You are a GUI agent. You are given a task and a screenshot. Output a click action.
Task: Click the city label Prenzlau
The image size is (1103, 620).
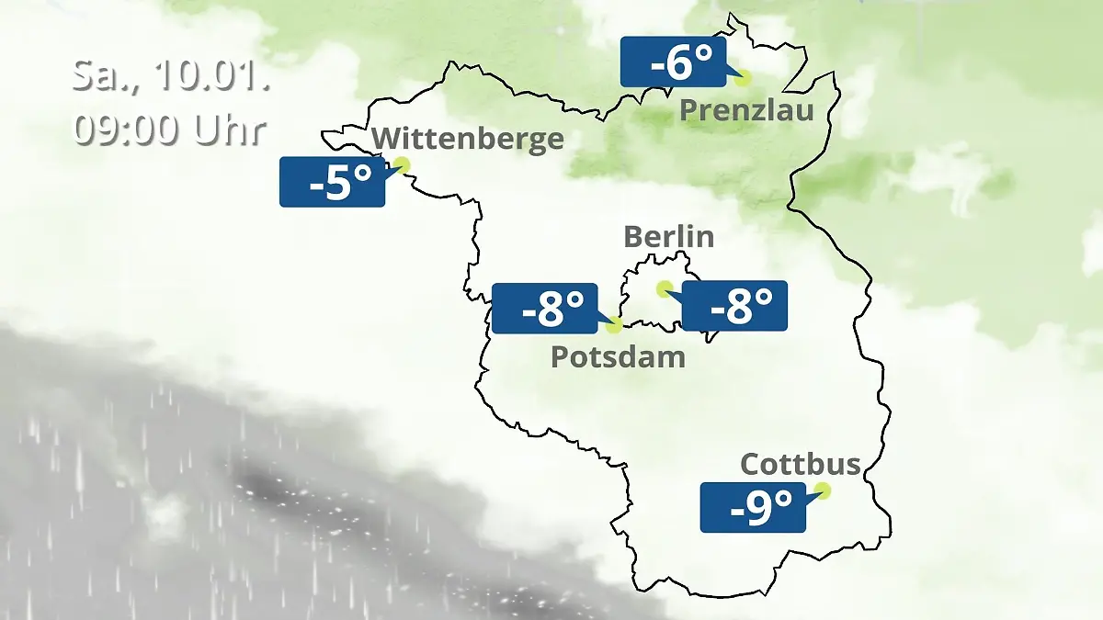(x=746, y=111)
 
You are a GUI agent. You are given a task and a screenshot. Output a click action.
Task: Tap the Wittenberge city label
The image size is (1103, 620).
(x=468, y=139)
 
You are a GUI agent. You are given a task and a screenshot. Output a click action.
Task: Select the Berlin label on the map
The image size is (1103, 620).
(x=668, y=236)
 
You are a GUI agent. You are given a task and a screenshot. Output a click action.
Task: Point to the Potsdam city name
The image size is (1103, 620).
(x=618, y=356)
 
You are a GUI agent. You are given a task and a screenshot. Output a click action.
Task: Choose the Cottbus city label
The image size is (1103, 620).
(x=801, y=464)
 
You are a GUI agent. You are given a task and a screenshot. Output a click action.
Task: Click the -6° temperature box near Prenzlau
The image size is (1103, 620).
(x=673, y=62)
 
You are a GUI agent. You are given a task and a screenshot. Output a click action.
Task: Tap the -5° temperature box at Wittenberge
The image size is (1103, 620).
(x=332, y=182)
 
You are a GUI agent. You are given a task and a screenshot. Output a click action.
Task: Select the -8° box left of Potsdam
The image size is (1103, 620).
(x=545, y=309)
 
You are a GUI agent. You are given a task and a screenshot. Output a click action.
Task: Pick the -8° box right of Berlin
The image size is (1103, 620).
(x=734, y=306)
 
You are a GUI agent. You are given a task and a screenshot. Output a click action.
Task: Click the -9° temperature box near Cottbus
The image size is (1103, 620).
(x=753, y=507)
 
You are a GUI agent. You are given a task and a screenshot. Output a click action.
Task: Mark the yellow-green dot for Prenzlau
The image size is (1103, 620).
(x=742, y=78)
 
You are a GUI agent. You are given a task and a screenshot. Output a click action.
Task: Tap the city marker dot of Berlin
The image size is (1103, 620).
(x=664, y=288)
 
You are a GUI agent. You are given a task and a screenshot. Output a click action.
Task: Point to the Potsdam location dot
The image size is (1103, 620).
(x=614, y=324)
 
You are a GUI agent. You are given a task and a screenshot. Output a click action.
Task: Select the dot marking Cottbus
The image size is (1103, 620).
(x=823, y=490)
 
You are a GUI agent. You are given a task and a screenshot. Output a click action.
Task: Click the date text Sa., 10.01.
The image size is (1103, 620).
(x=171, y=75)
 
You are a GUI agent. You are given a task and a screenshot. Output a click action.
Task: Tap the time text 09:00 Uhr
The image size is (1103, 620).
(x=171, y=130)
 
